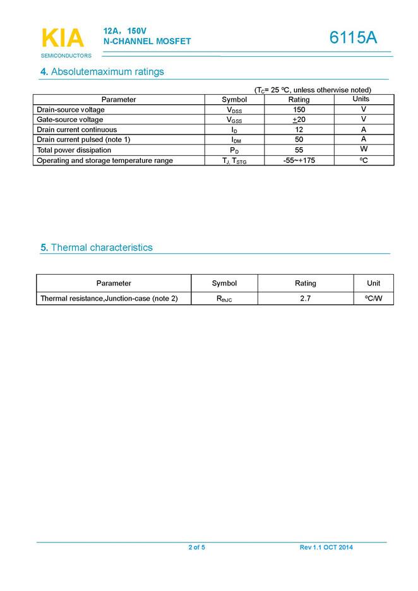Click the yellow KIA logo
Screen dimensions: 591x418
click(x=63, y=38)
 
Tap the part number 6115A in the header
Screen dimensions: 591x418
click(x=353, y=38)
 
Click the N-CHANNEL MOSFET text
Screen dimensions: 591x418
click(x=147, y=42)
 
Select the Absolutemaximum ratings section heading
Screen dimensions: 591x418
click(x=102, y=71)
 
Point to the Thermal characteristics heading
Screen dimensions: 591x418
click(x=97, y=248)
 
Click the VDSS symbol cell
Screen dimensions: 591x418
click(x=234, y=110)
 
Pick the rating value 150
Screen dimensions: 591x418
click(x=299, y=110)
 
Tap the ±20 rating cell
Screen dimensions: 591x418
click(x=299, y=120)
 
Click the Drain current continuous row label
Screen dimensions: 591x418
click(x=76, y=129)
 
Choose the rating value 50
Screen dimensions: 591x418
click(x=299, y=140)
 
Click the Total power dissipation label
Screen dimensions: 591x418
click(x=74, y=150)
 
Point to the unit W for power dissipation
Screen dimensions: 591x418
click(x=364, y=150)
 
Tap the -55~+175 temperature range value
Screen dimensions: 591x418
click(x=299, y=160)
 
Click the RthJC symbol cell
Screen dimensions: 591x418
click(x=224, y=299)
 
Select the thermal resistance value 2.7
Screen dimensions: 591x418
click(x=305, y=298)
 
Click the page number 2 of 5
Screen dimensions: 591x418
click(x=196, y=547)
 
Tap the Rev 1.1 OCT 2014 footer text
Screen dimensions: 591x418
click(x=326, y=547)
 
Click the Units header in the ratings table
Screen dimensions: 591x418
click(x=361, y=99)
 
